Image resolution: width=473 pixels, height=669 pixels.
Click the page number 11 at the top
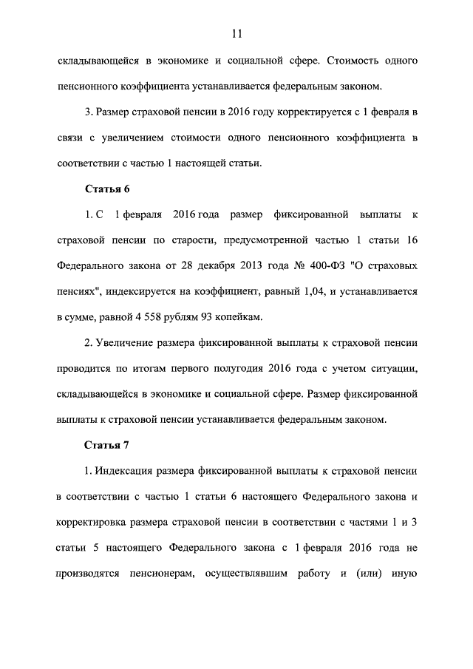coord(236,33)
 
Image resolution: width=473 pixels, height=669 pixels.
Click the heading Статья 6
coord(107,189)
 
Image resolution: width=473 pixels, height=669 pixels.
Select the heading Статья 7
coord(107,445)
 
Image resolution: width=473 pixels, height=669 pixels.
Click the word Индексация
coord(123,471)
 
